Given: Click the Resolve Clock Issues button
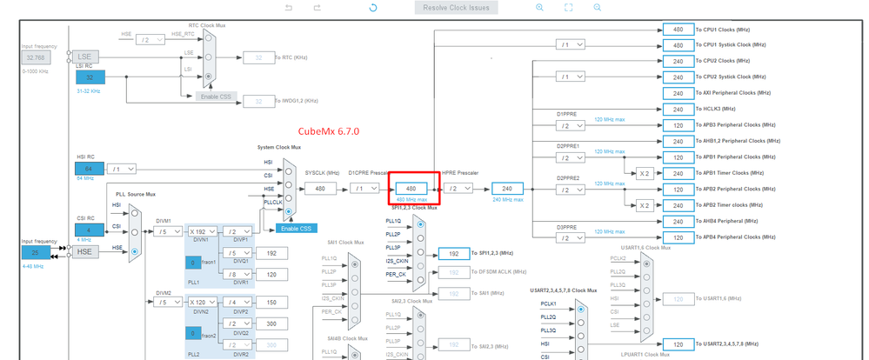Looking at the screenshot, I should coord(457,8).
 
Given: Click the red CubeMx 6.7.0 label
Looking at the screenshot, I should coord(329,131).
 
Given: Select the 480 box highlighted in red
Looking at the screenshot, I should coord(411,188).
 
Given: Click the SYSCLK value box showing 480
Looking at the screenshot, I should coord(320,188).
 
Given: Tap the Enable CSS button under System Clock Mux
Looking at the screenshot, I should coord(296,228).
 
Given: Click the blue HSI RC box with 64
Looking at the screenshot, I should coord(89,168).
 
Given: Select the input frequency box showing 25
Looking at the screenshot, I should coord(37,252).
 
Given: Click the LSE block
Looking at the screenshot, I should coord(84,57).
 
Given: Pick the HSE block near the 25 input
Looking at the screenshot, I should coord(84,252).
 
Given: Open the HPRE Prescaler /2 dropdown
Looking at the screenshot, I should coord(457,188).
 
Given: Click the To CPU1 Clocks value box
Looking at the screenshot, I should coord(678,29).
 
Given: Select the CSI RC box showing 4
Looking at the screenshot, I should coord(89,230).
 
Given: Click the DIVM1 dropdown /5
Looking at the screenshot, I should coord(169,231).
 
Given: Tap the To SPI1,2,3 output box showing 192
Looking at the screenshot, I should coord(453,254).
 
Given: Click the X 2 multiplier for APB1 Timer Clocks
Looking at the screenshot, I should coord(644,173).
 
